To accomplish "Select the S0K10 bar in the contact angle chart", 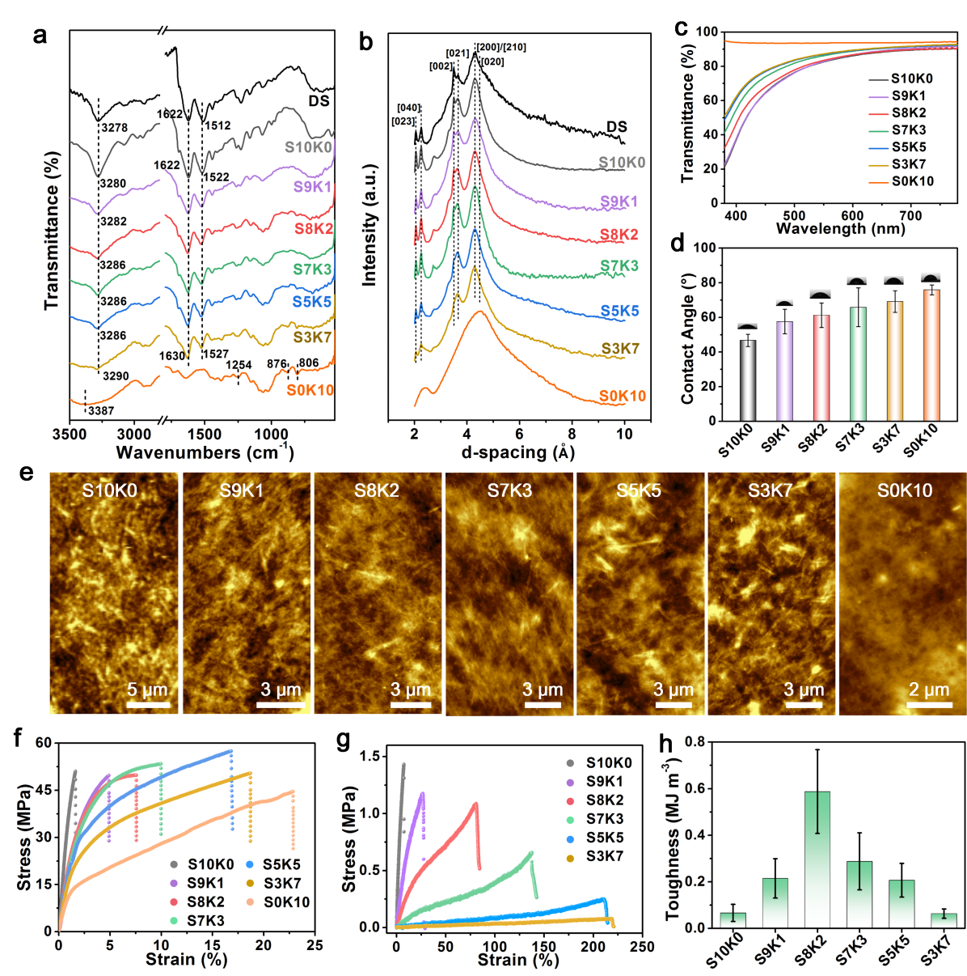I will pos(931,354).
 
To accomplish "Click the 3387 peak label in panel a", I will pos(101,411).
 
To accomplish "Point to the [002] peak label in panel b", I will pos(441,66).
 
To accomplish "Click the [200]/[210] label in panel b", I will pos(501,48).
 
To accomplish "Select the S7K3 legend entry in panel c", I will pos(909,129).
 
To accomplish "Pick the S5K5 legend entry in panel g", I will pos(605,838).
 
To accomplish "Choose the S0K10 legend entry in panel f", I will pos(286,902).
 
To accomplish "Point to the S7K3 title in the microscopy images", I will pos(509,490).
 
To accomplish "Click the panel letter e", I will pos(27,473).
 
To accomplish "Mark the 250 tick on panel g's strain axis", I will pos(641,947).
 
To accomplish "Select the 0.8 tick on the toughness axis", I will pos(694,741).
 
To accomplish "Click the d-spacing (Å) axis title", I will pos(517,452).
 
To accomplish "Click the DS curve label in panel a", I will pos(319,100).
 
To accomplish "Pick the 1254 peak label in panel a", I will pos(238,366).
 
